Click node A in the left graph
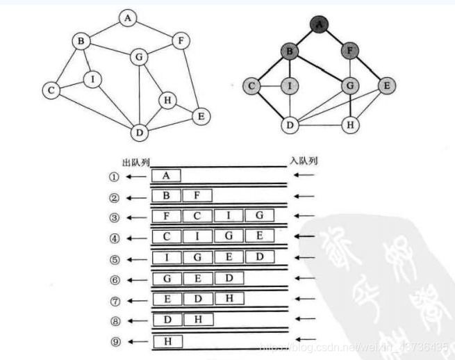[127, 18]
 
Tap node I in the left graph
[92, 79]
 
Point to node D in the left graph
[140, 131]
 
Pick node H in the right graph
[352, 126]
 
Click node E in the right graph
[386, 86]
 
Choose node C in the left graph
[50, 90]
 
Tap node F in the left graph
[180, 40]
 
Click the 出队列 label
[135, 162]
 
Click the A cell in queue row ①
[166, 176]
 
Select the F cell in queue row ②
[197, 197]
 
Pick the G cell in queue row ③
[258, 216]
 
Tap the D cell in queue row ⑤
[258, 258]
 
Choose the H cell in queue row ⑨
[167, 341]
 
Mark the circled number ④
[115, 238]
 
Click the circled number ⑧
[115, 321]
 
